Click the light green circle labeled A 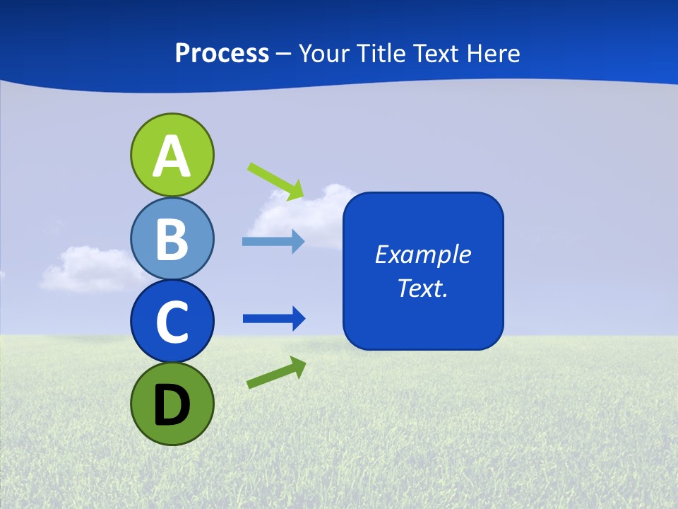[x=172, y=155]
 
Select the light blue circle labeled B [x=172, y=238]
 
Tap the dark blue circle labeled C [x=172, y=321]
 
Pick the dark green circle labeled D [x=172, y=404]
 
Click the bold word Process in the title [x=222, y=53]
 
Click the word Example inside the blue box [x=422, y=255]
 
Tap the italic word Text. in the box [x=422, y=288]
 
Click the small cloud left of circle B [x=85, y=269]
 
